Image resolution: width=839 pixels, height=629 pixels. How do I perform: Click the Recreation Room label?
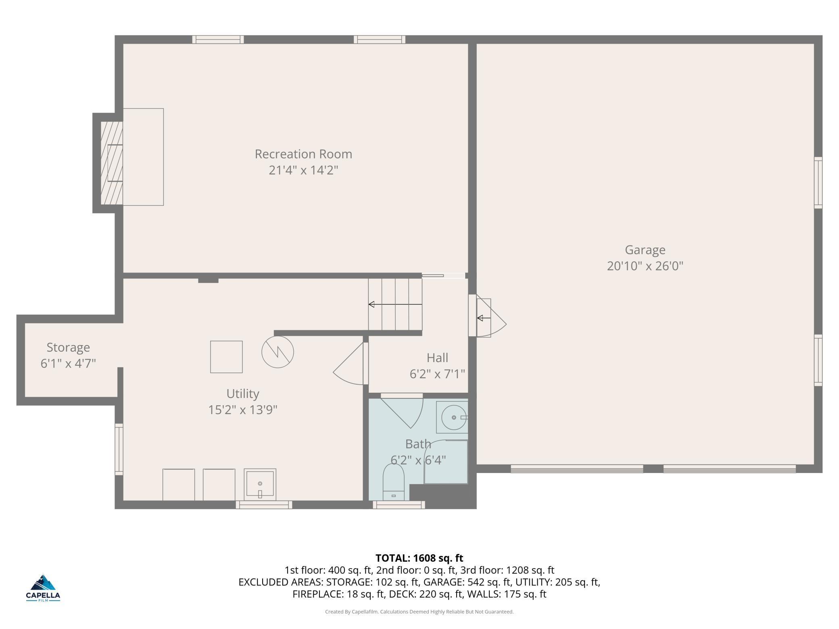click(303, 154)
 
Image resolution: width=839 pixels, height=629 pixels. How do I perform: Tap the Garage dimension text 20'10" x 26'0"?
click(645, 266)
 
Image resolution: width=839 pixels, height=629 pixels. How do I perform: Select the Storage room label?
click(68, 348)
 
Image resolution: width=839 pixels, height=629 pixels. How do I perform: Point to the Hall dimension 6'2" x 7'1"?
click(437, 374)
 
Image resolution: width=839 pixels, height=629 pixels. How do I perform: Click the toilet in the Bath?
click(393, 482)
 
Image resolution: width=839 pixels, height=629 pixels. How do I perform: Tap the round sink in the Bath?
click(455, 417)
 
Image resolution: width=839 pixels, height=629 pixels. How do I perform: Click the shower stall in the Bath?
click(446, 462)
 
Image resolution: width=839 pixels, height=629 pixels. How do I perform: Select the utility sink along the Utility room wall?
click(260, 484)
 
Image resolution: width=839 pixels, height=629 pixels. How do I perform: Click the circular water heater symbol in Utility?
click(278, 352)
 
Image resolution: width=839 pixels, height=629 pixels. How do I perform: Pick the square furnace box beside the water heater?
click(226, 357)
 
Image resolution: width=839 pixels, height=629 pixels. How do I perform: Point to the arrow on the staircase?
click(395, 304)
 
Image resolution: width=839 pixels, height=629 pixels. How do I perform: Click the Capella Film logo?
click(43, 588)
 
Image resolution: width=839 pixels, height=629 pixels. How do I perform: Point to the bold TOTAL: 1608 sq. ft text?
click(419, 558)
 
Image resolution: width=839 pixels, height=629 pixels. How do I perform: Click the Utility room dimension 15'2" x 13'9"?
click(243, 410)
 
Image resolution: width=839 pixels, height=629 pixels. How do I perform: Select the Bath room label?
click(418, 444)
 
